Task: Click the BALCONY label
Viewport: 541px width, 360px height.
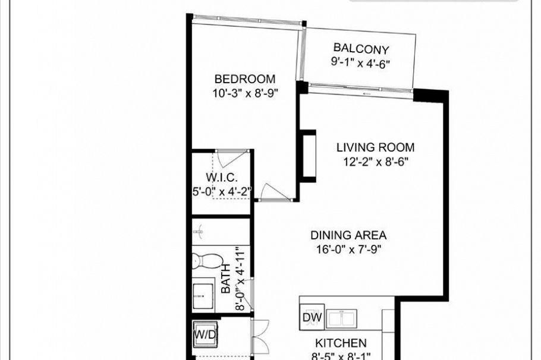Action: click(360, 48)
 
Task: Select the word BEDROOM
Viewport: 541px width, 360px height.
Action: click(245, 79)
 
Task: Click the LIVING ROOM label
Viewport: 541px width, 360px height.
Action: click(375, 147)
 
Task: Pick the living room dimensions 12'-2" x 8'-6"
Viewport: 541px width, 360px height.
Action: click(375, 161)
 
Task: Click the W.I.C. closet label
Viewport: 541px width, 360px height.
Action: click(222, 178)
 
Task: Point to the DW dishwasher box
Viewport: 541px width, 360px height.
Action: click(312, 318)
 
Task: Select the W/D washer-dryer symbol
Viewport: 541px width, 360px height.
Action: click(205, 334)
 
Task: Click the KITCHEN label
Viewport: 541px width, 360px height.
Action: click(340, 343)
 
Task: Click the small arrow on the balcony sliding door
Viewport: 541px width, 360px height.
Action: click(367, 93)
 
